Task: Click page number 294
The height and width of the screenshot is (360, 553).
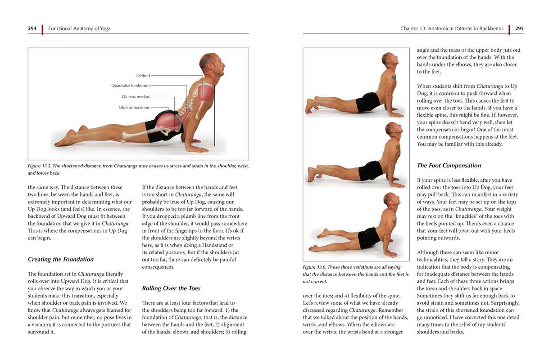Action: click(x=32, y=28)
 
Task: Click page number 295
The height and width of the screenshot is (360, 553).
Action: click(x=519, y=28)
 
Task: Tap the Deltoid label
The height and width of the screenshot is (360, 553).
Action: click(x=143, y=76)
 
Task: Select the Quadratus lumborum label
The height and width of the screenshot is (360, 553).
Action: click(x=130, y=85)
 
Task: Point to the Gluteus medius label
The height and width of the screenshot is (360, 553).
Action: click(x=136, y=97)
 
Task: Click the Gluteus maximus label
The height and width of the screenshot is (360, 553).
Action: click(x=134, y=108)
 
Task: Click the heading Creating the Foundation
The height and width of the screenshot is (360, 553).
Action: click(x=61, y=259)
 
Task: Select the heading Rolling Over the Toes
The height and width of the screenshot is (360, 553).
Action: click(x=171, y=288)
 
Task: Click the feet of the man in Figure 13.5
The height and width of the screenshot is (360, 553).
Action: click(x=68, y=137)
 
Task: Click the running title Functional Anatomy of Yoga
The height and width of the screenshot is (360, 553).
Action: click(x=79, y=28)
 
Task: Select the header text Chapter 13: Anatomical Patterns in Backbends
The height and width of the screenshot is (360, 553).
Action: click(x=452, y=28)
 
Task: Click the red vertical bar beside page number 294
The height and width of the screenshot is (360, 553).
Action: click(x=42, y=29)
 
